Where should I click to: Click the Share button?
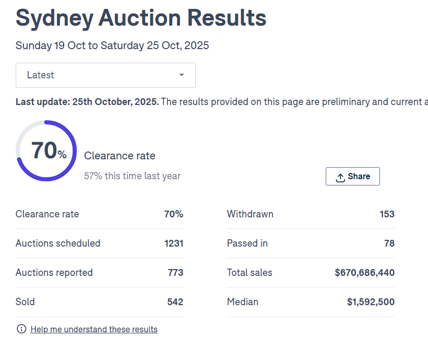pyautogui.click(x=352, y=177)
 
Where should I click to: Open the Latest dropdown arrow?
pyautogui.click(x=182, y=75)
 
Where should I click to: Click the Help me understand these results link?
pyautogui.click(x=94, y=329)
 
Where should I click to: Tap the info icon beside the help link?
pyautogui.click(x=21, y=329)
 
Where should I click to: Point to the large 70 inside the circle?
pyautogui.click(x=44, y=150)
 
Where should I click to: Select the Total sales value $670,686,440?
pyautogui.click(x=364, y=273)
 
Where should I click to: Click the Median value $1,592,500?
pyautogui.click(x=371, y=302)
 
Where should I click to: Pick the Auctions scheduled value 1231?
pyautogui.click(x=173, y=243)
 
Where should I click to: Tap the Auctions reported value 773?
pyautogui.click(x=175, y=273)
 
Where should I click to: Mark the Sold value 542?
pyautogui.click(x=175, y=302)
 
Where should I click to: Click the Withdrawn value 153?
pyautogui.click(x=387, y=214)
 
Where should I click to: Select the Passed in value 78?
pyautogui.click(x=389, y=243)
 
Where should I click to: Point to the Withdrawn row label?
pyautogui.click(x=250, y=214)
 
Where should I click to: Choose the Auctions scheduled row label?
pyautogui.click(x=58, y=243)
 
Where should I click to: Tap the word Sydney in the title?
pyautogui.click(x=53, y=19)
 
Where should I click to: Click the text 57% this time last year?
pyautogui.click(x=132, y=176)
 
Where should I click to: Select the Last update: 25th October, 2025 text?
pyautogui.click(x=87, y=102)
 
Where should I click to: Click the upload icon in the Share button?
pyautogui.click(x=340, y=177)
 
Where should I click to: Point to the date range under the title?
pyautogui.click(x=112, y=45)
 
